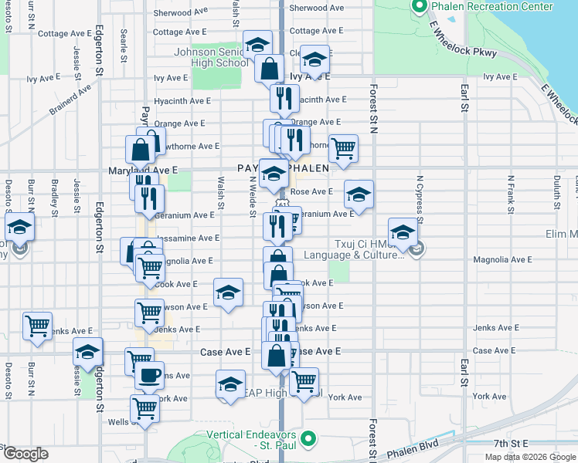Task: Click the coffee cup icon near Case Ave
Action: click(x=149, y=376)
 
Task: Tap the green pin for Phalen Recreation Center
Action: click(x=419, y=7)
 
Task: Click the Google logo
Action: click(x=25, y=454)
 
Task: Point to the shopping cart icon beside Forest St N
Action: click(x=342, y=147)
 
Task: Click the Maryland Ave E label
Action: click(x=153, y=169)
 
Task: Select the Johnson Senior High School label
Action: click(x=211, y=58)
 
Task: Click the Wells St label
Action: click(x=118, y=421)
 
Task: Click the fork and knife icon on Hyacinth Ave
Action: click(x=284, y=97)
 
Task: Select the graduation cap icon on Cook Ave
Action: click(x=227, y=292)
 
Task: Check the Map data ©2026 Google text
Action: click(x=529, y=457)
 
